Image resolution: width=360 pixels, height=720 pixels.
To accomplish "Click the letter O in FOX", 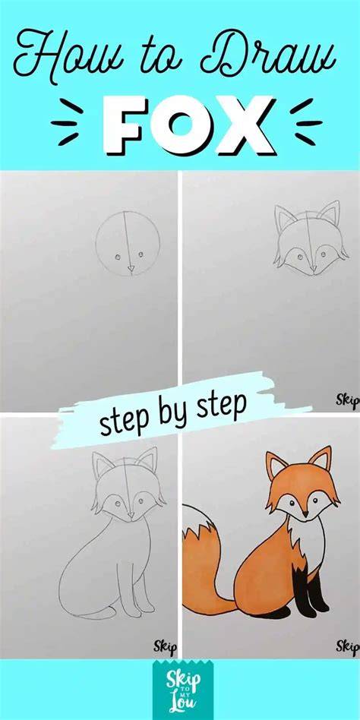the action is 188,125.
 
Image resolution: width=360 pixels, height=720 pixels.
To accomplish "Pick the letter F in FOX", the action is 125,125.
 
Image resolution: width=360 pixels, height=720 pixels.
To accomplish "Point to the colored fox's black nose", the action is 305,514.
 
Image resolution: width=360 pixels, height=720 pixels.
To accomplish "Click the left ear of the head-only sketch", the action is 285,219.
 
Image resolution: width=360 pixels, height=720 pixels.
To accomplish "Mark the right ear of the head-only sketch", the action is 329,214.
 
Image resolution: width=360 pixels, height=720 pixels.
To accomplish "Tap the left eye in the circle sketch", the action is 118,257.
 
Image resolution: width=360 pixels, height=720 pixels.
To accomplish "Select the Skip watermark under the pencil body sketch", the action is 165,647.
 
